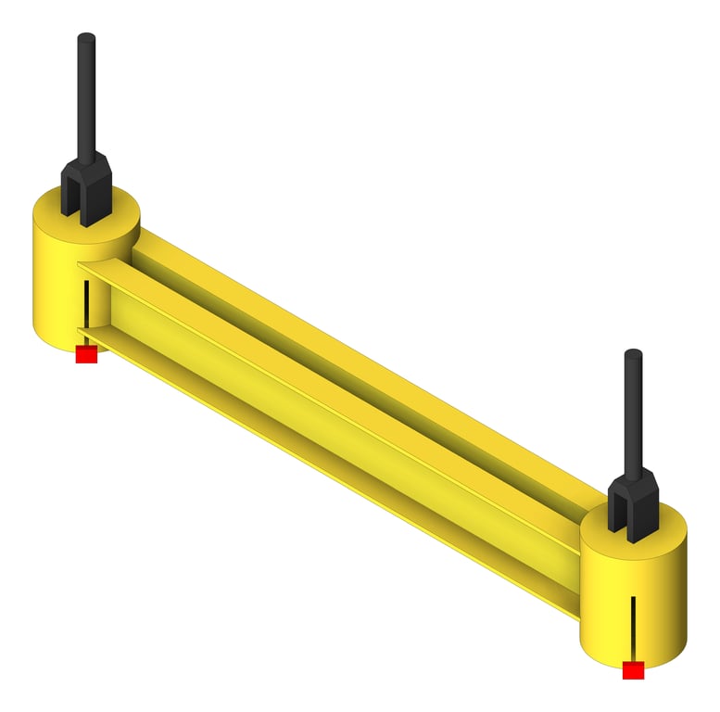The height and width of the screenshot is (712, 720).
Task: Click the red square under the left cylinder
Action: pos(86,354)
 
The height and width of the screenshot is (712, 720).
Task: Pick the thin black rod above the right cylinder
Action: pos(633,413)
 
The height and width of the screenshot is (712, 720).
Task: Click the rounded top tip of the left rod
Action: pos(86,39)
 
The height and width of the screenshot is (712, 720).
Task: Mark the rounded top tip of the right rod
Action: pos(633,354)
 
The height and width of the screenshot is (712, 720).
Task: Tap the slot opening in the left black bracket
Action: pos(86,209)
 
